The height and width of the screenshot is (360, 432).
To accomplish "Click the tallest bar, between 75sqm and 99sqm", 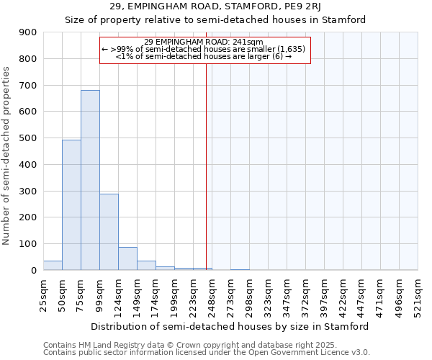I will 90,180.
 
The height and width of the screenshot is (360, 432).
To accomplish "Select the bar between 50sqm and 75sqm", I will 71,205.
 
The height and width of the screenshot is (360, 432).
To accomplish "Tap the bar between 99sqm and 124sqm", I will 109,232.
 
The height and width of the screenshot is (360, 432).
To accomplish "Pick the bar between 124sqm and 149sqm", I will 127,258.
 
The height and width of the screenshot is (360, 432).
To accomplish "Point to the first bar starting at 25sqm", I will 53,265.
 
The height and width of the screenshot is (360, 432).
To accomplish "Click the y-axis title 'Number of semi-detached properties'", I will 7,155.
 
